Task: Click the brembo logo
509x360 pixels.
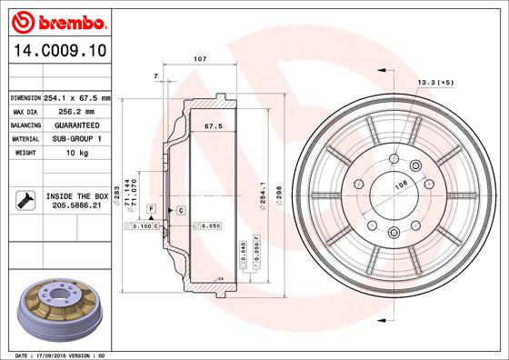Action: pos(55,20)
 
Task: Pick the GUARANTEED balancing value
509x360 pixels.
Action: pos(76,125)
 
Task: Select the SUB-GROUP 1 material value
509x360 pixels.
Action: pos(76,138)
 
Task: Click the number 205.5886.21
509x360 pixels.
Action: pos(76,206)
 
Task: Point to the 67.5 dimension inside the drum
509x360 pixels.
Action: pos(213,126)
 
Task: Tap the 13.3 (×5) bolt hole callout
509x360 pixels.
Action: pos(435,82)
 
